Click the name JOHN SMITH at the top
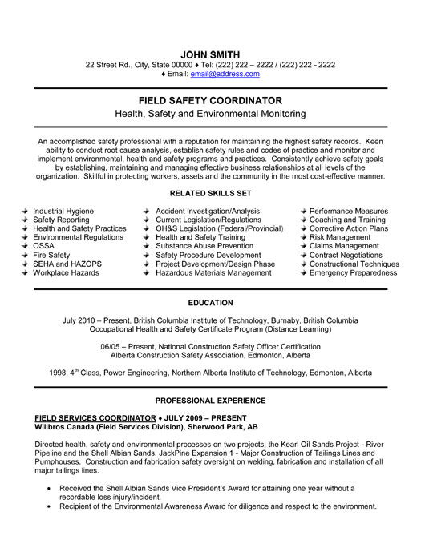(211, 54)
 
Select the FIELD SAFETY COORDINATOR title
(211, 100)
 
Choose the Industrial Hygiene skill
(63, 211)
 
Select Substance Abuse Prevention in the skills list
(205, 246)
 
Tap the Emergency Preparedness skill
(353, 272)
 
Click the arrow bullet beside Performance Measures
(302, 211)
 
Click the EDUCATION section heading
(211, 303)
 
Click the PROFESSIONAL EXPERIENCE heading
(211, 399)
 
